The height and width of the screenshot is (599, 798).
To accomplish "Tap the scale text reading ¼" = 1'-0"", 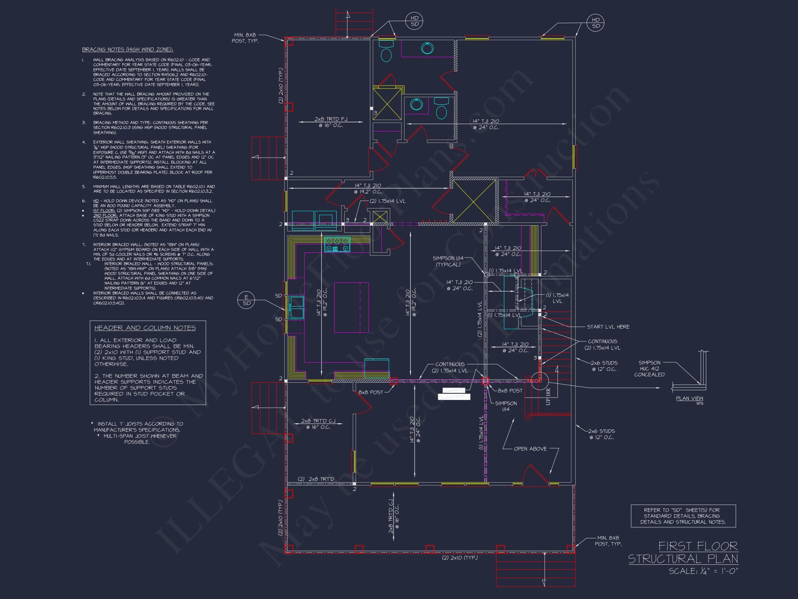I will (703, 571).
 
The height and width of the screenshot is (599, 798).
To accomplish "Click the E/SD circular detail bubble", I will (246, 300).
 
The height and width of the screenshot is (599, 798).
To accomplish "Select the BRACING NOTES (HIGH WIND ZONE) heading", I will (127, 50).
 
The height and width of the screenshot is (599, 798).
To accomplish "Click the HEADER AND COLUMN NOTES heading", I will (145, 328).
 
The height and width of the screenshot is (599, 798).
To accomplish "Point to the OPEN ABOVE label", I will (530, 449).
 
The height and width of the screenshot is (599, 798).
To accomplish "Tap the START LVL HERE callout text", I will (608, 327).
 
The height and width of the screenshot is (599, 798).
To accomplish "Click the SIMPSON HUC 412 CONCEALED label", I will (649, 368).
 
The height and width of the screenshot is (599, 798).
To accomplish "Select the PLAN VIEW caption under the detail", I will (689, 399).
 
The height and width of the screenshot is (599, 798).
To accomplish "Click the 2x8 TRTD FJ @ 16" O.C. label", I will (331, 122).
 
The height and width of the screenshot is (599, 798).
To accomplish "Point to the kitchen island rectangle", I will (351, 307).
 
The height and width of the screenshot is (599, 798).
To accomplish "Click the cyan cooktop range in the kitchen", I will (337, 244).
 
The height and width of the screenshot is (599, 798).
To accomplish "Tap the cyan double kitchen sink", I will (296, 307).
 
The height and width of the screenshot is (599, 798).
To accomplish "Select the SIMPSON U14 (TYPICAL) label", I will (448, 261).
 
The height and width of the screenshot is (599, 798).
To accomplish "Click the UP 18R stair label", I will (548, 397).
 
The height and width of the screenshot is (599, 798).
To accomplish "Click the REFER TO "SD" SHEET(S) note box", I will (683, 516).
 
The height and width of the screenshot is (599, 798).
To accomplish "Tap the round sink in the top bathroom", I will (427, 49).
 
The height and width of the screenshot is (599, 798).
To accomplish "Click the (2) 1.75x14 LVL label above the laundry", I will (388, 201).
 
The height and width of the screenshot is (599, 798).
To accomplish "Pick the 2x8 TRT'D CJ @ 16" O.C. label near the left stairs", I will (318, 424).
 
